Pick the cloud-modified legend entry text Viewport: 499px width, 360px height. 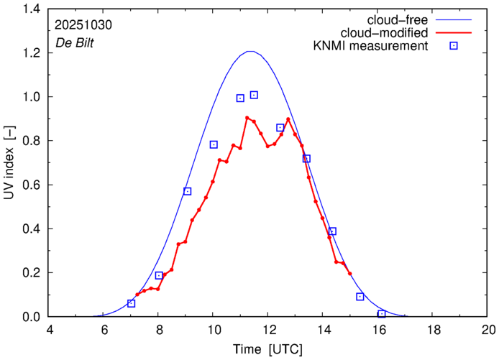tap(391, 33)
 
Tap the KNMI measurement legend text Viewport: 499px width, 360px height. tap(377, 47)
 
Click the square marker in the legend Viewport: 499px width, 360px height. tap(454, 47)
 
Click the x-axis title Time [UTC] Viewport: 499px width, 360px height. tap(268, 349)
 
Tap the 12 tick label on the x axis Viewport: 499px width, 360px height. tap(267, 331)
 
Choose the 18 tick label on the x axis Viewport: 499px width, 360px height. tap(433, 331)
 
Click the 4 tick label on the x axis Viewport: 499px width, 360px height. tap(49, 331)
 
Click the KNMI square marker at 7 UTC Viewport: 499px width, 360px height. tap(131, 303)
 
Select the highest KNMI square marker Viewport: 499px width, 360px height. tap(254, 95)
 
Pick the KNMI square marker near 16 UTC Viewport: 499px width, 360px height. tap(381, 314)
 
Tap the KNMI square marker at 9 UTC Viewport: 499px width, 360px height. tap(187, 191)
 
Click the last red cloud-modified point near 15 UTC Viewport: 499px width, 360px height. tap(350, 274)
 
